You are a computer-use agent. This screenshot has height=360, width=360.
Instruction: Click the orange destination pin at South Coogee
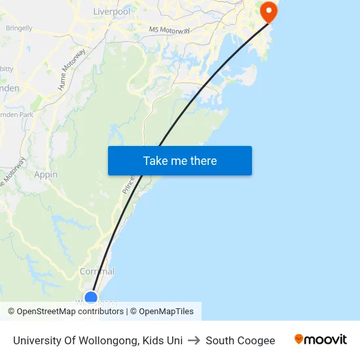pos(268,11)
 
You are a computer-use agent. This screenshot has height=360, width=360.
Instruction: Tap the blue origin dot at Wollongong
pos(91,298)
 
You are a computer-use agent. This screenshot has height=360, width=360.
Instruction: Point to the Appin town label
pos(46,175)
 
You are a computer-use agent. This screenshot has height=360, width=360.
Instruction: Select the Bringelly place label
pos(19,28)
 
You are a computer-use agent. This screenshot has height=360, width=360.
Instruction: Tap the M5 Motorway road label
pos(169,30)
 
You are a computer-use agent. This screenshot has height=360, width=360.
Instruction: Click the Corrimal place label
pos(97,272)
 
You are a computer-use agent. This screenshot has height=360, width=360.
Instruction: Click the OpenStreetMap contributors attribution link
pos(70,312)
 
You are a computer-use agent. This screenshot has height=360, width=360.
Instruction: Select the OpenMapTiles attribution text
pos(166,312)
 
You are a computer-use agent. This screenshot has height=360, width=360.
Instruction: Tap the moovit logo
pos(321,340)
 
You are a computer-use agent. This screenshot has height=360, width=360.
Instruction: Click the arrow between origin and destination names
pos(194,340)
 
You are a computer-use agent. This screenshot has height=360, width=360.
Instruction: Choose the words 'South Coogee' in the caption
pos(240,340)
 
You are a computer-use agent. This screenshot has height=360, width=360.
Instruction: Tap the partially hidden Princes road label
pos(127,184)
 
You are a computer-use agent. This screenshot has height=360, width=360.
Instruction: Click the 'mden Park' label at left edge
pos(17,115)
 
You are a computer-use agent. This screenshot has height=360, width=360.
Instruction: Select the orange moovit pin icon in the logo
pos(299,340)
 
